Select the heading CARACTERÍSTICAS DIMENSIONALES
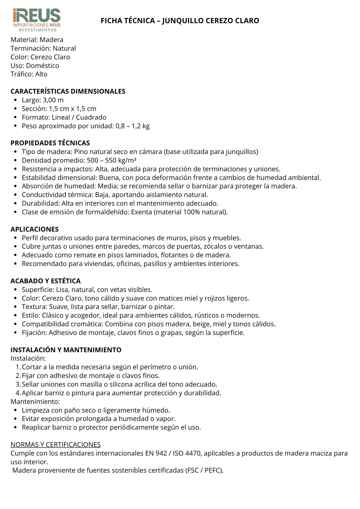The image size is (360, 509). (x=68, y=91)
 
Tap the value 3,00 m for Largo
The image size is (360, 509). (x=53, y=100)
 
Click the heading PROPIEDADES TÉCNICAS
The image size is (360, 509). (x=50, y=143)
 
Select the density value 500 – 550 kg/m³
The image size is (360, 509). (x=112, y=160)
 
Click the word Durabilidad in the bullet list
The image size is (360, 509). (x=41, y=203)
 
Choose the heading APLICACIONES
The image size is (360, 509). (x=35, y=229)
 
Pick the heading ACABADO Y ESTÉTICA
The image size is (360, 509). (x=46, y=281)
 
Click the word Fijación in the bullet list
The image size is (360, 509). (x=34, y=333)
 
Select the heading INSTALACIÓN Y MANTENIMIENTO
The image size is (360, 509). (x=66, y=350)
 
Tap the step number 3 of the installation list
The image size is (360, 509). (x=18, y=384)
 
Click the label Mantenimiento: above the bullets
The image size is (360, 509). (x=35, y=402)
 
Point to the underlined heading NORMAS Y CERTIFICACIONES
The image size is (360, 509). (x=56, y=445)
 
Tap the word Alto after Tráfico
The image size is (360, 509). (x=41, y=74)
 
